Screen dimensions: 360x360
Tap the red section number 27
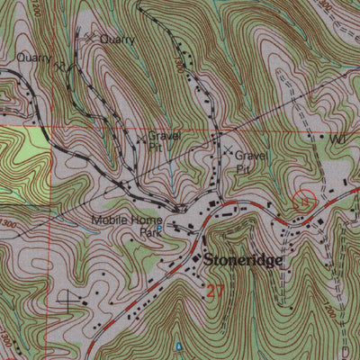pos(213,290)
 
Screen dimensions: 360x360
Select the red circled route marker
pos(305,202)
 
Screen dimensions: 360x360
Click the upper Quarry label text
pos(117,40)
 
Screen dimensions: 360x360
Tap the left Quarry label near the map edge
pos(34,58)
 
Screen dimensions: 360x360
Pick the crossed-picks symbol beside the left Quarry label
pos(59,66)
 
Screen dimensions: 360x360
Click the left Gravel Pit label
pos(165,140)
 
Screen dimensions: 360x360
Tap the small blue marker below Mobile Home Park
pos(159,229)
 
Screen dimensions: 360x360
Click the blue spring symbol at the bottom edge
pos(178,346)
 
